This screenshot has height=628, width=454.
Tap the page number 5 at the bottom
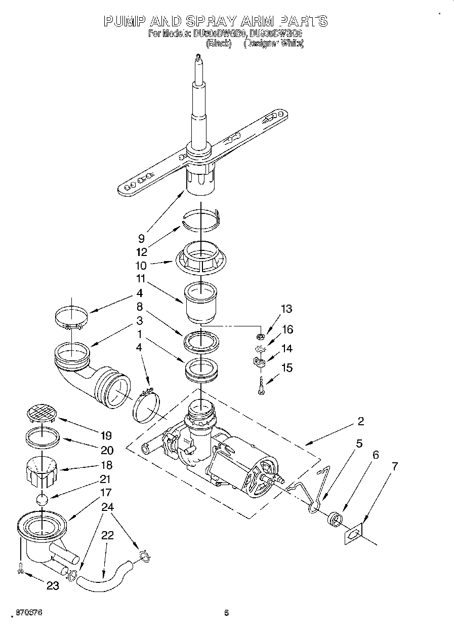[227, 613]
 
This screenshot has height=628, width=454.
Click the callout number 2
[361, 421]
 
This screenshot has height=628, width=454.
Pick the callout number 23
[52, 586]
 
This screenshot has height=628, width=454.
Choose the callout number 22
[107, 535]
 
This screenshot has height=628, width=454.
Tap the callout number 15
[286, 367]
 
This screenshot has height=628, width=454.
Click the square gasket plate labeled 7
[354, 534]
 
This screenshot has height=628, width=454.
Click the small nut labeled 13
[260, 337]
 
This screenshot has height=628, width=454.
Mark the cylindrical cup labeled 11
[200, 303]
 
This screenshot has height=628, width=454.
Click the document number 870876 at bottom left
[28, 613]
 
